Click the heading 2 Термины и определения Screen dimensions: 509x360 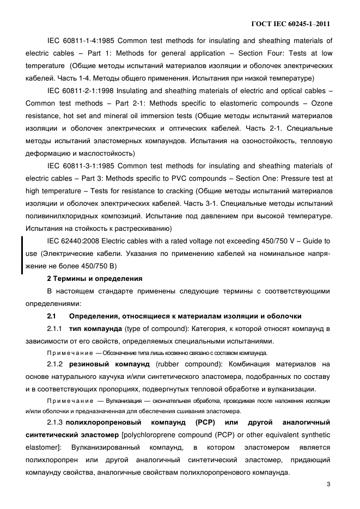point(95,279)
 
